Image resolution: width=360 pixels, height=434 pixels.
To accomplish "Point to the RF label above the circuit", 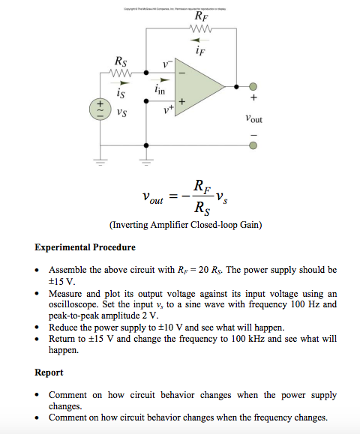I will [201, 16].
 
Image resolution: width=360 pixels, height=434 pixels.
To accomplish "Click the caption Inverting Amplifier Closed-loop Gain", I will [184, 224].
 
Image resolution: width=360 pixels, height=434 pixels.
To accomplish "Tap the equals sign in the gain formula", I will [172, 196].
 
